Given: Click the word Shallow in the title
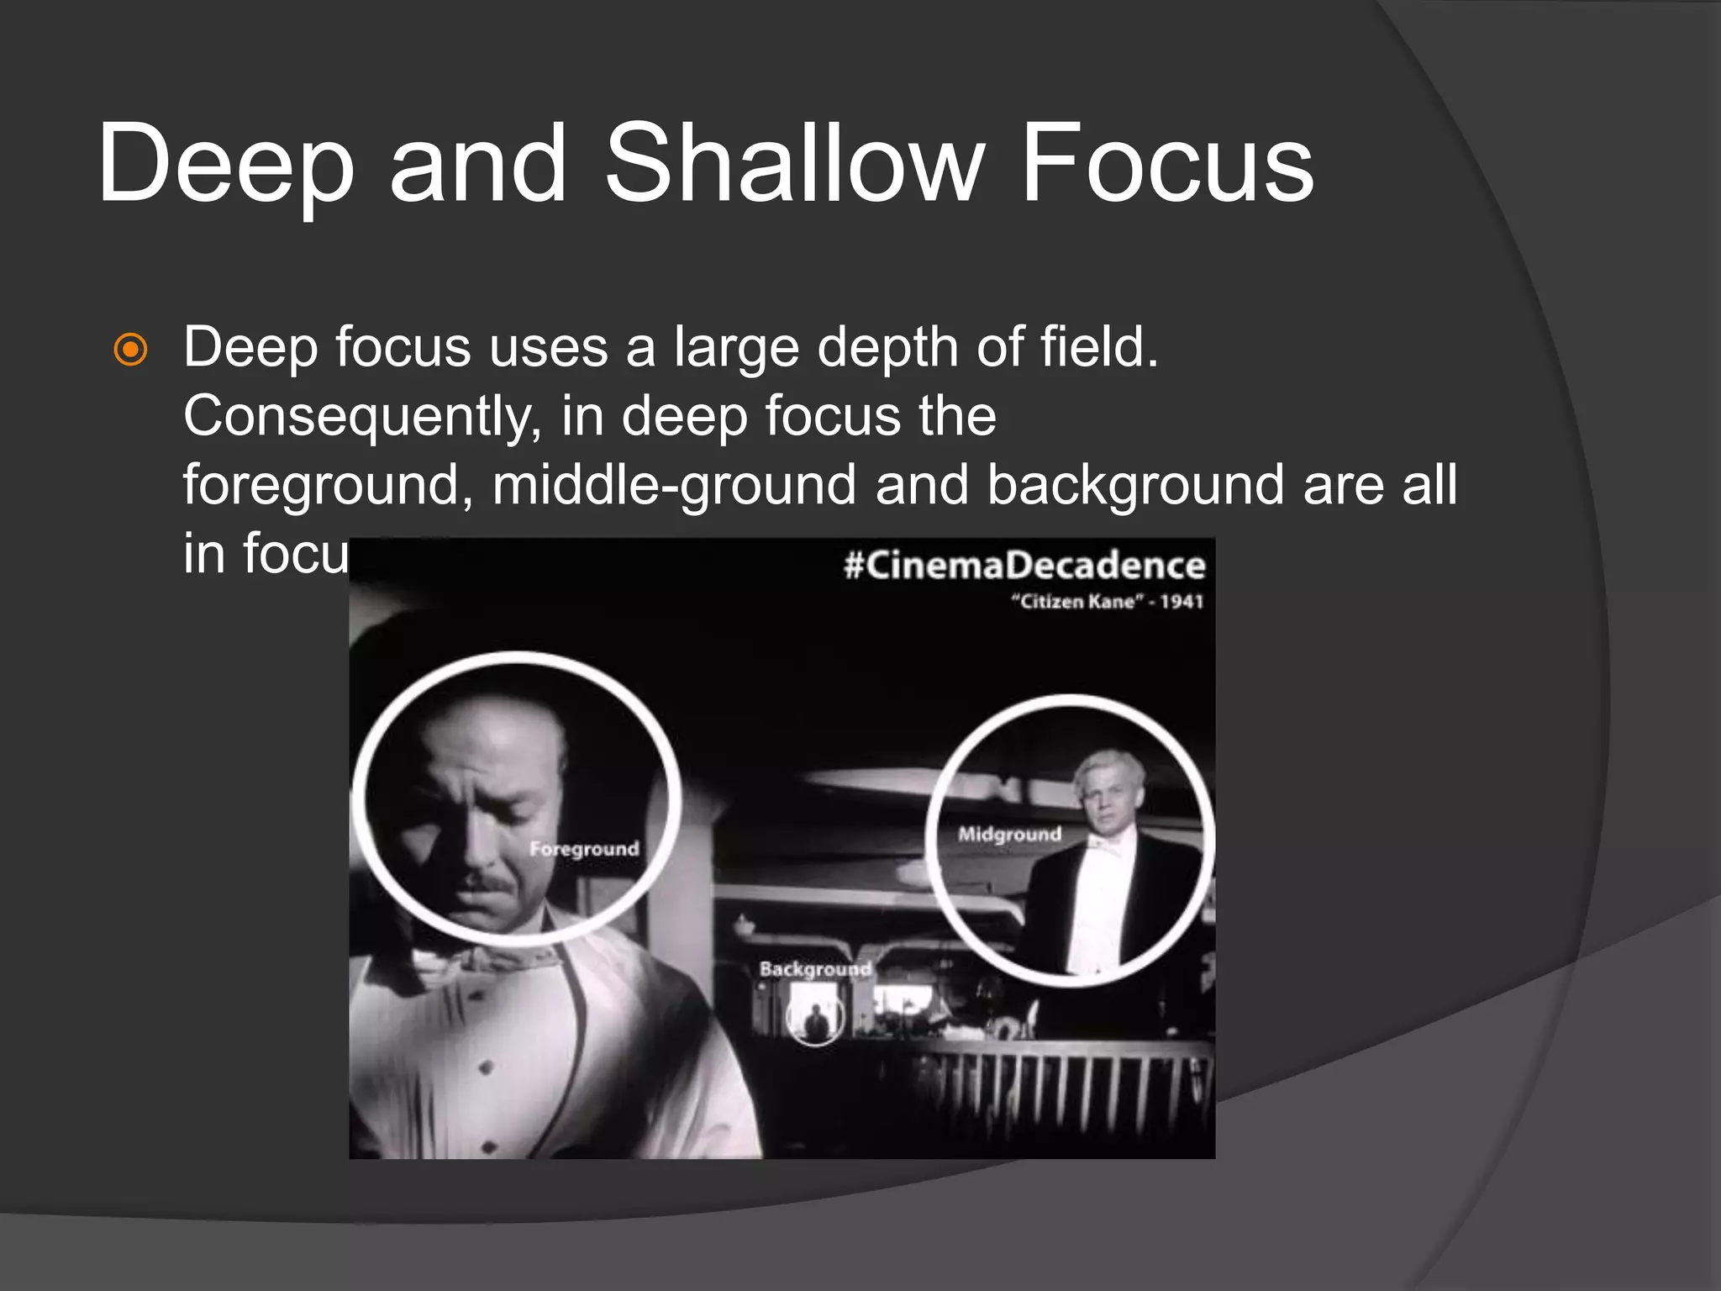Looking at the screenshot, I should click(x=793, y=163).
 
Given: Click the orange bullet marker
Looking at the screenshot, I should click(x=131, y=350).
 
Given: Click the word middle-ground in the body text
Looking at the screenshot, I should click(x=674, y=485).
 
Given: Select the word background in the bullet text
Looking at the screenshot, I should click(x=1135, y=485).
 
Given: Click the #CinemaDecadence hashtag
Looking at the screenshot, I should click(x=1024, y=565).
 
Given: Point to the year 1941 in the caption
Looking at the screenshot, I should click(x=1182, y=602).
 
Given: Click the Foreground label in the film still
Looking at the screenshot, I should click(x=584, y=849).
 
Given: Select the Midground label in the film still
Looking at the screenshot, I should click(x=1009, y=835).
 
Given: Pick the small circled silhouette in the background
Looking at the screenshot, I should click(x=815, y=1020).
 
